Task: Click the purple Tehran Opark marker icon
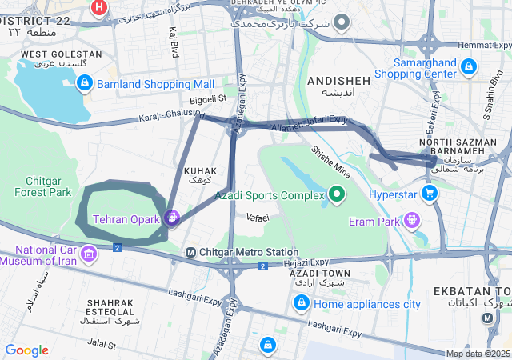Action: coord(171,217)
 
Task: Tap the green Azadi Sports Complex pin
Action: coord(337,194)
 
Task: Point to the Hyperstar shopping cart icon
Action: coord(430,193)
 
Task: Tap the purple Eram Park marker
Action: coord(412,218)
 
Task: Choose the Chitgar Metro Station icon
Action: coord(190,253)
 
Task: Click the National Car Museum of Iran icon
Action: coord(88,254)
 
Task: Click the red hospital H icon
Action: coord(99,8)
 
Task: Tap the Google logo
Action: coord(26,350)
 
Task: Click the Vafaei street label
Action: coord(258,217)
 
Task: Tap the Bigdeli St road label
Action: coord(208,99)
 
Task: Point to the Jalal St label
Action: coord(102,345)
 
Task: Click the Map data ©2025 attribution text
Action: coord(478,354)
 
